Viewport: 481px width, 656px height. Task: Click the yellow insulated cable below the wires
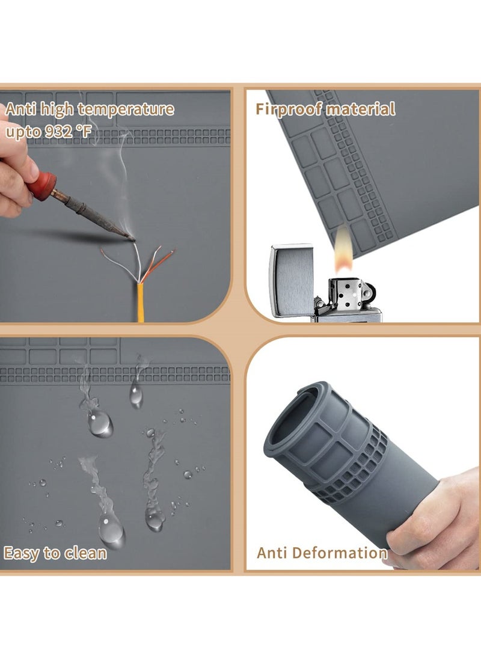coord(141,304)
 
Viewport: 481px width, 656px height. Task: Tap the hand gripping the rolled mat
coord(433,517)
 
